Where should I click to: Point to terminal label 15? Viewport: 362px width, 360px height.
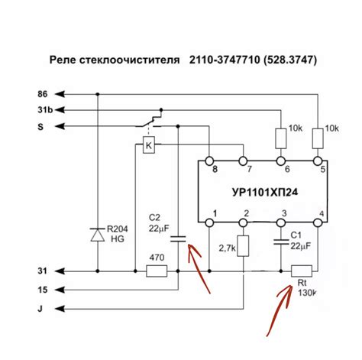[43, 289]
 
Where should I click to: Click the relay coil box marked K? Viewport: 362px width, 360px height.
[149, 146]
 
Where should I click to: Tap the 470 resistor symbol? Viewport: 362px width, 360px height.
[156, 271]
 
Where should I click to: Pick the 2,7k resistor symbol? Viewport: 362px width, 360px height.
[244, 247]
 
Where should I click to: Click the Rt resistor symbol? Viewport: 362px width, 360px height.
[302, 271]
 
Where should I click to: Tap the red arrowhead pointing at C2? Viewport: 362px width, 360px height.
[191, 249]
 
